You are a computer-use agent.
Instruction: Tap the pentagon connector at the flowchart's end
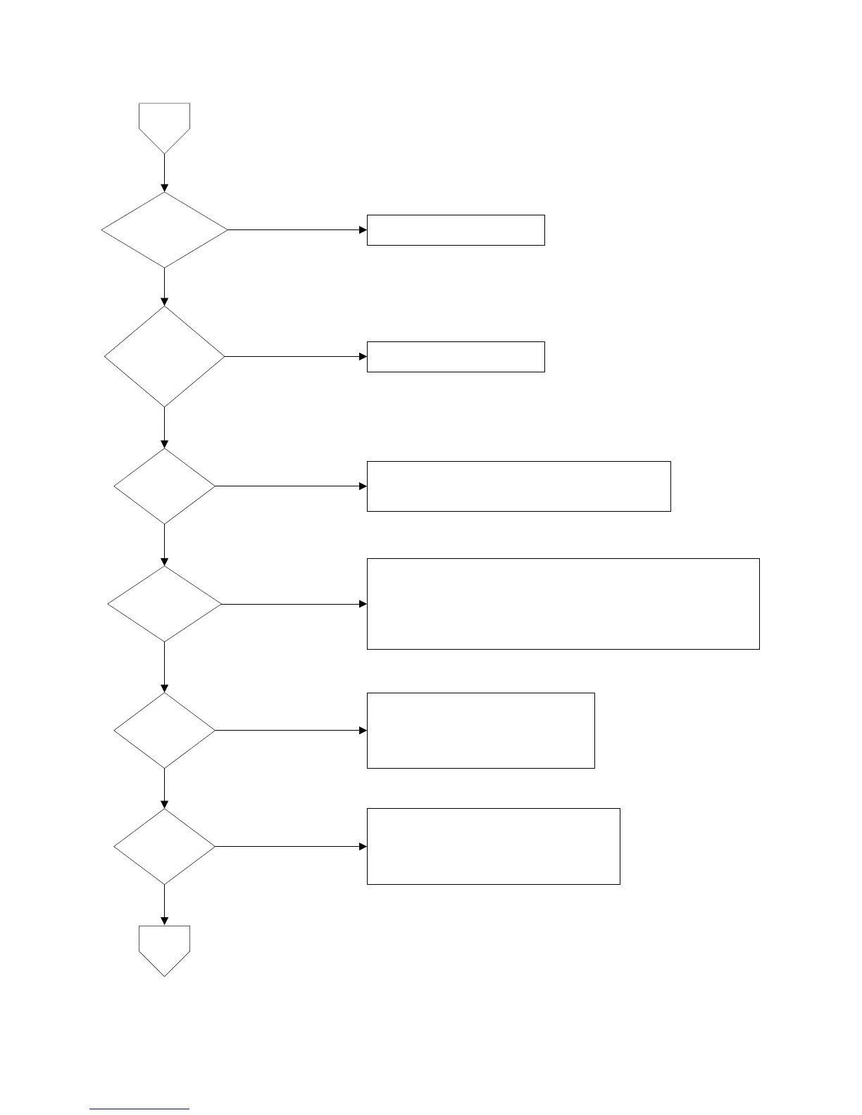coord(164,947)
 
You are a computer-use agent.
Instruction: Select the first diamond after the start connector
coord(164,229)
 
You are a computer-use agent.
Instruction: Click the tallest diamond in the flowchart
coord(164,356)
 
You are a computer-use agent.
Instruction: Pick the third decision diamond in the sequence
coord(164,486)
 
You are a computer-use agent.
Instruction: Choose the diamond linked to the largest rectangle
coord(164,604)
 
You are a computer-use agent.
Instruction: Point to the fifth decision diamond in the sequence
coord(164,730)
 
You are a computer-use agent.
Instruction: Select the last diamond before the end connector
coord(164,846)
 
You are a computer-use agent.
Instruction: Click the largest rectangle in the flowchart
coord(563,603)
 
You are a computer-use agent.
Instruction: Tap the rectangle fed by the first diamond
coord(456,229)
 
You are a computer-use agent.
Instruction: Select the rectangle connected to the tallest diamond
coord(456,356)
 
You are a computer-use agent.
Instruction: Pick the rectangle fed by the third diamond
coord(518,486)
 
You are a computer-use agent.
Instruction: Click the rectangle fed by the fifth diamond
coord(480,730)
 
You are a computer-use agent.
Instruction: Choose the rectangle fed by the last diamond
coord(493,846)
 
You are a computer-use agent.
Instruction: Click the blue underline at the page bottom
coord(139,1109)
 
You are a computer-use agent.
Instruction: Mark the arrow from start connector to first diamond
coord(164,172)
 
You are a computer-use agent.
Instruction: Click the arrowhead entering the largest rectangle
coord(363,604)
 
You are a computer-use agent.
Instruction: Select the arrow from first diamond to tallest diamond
coord(164,286)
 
